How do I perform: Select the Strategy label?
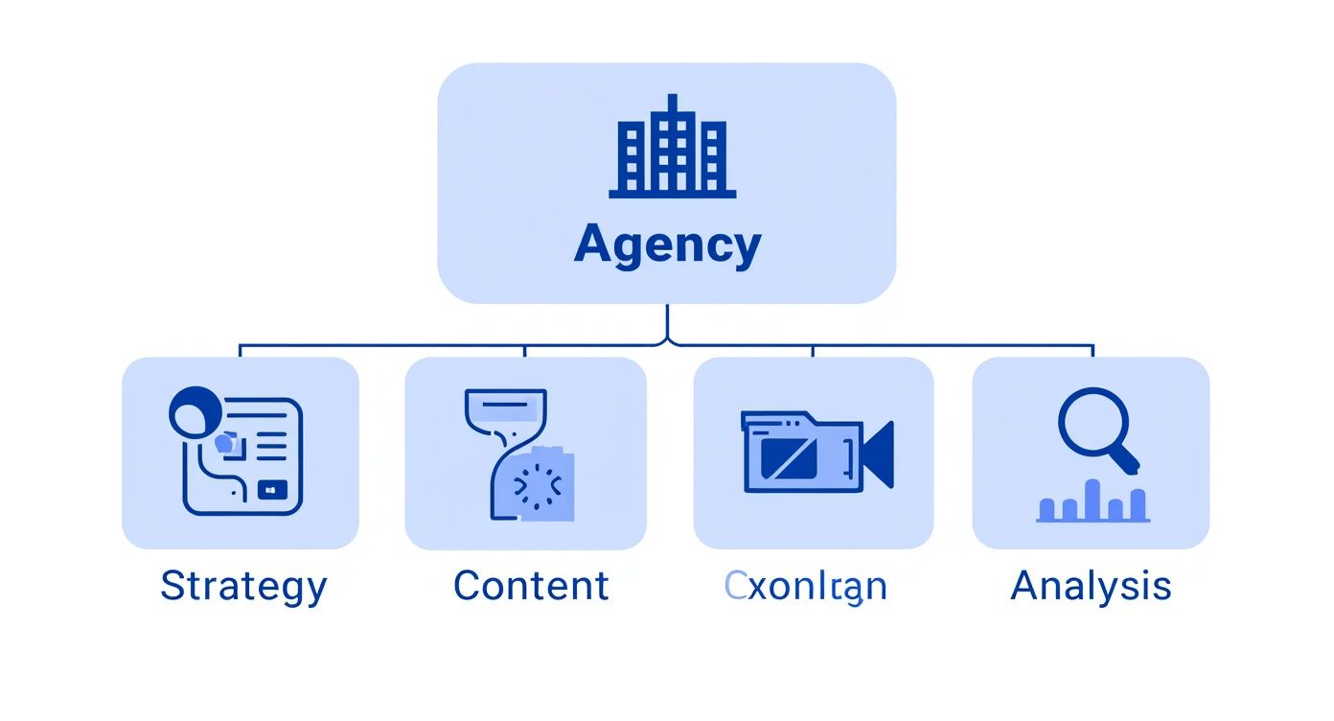tap(243, 586)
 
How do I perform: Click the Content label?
tap(531, 586)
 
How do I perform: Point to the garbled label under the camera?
tap(806, 586)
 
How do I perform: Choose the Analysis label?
tap(1091, 586)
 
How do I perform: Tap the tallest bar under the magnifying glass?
tap(1092, 500)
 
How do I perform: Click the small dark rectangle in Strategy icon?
tap(271, 490)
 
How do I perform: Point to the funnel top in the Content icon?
tap(505, 407)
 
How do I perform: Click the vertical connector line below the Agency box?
tap(667, 323)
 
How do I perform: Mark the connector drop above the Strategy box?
tap(240, 351)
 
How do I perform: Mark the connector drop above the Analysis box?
tap(1093, 351)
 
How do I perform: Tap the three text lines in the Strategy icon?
tap(271, 433)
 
